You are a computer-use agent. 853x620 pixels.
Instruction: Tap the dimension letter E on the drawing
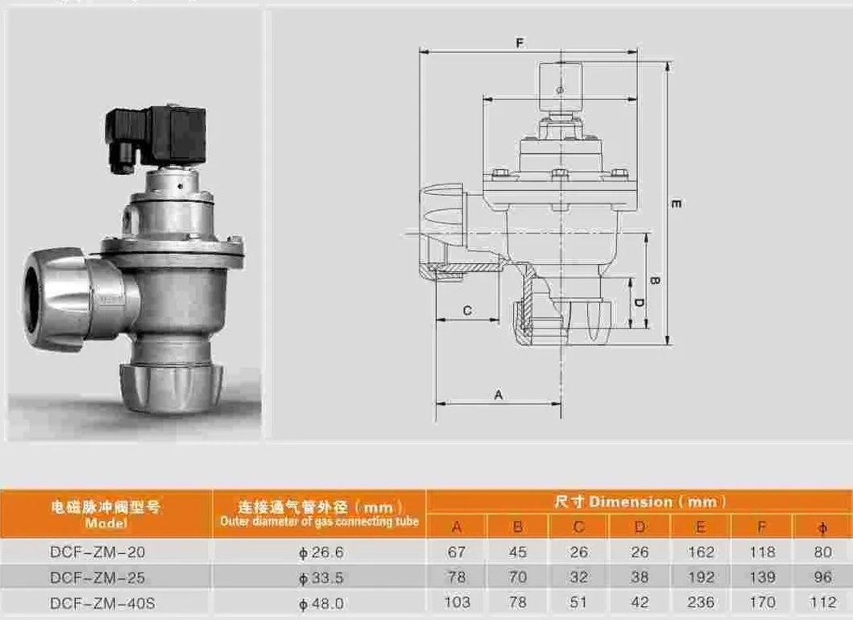[x=676, y=204]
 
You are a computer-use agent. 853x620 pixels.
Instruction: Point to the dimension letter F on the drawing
[x=520, y=43]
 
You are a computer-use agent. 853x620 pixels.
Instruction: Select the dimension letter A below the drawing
[x=498, y=395]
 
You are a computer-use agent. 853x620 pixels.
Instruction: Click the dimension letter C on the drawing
[x=466, y=311]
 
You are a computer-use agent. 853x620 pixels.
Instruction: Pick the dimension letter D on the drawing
[x=636, y=303]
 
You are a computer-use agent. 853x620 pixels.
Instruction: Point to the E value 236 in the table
[x=700, y=602]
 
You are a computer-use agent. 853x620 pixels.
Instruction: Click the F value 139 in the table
[x=761, y=577]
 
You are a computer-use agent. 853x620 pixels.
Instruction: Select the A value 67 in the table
[x=457, y=552]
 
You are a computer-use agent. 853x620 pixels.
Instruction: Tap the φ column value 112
[x=822, y=602]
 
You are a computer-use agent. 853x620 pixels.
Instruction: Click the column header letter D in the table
[x=639, y=527]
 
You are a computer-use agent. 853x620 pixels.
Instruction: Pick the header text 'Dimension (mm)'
[x=641, y=502]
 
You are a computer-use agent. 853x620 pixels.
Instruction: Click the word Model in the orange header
[x=106, y=523]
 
